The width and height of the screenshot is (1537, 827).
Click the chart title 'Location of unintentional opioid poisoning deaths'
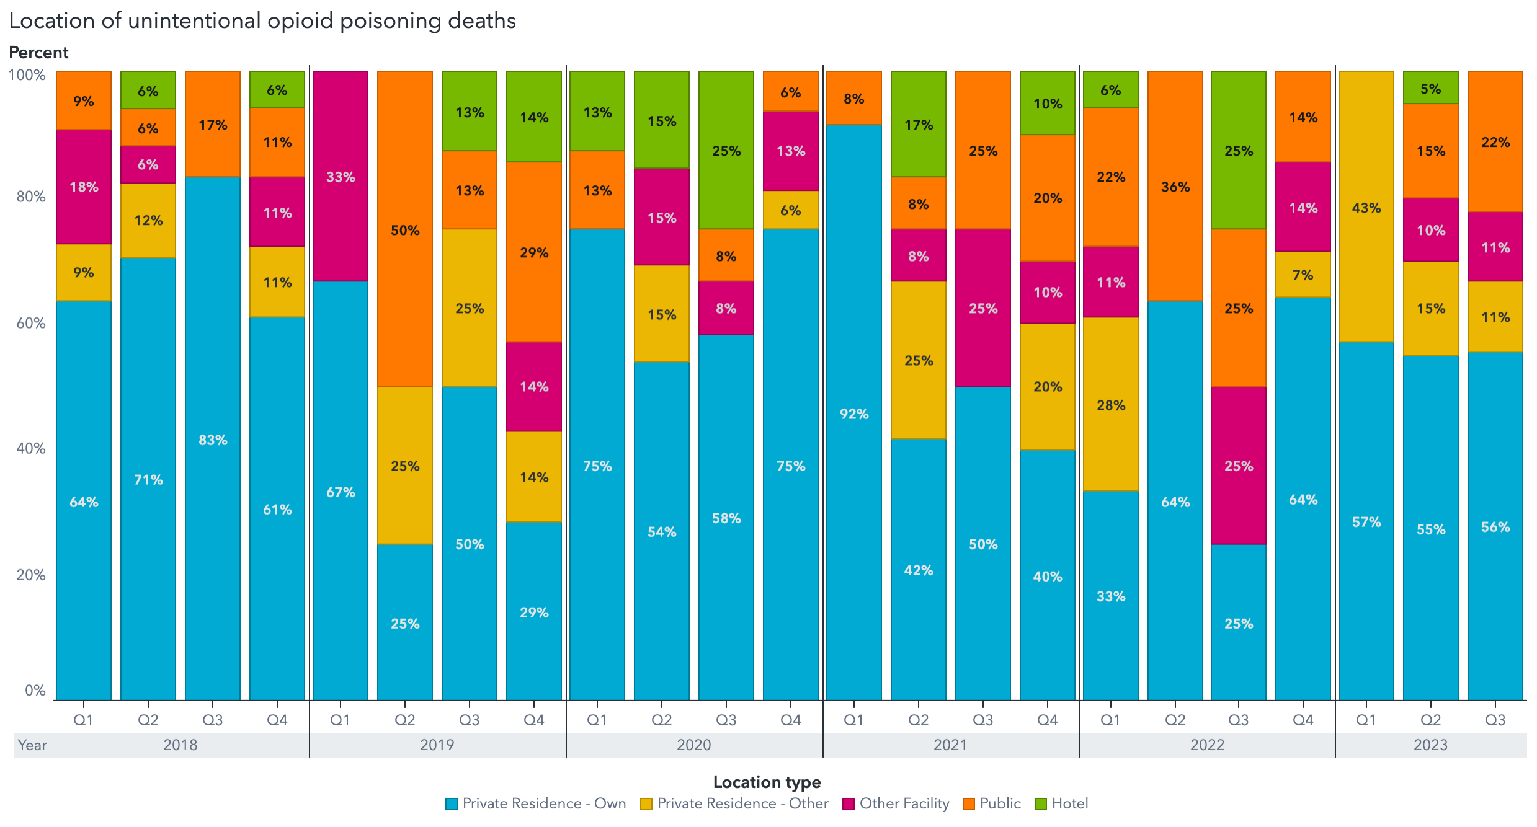tap(262, 21)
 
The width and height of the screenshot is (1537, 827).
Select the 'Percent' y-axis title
tap(38, 53)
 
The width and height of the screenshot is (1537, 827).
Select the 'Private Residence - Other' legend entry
tap(734, 803)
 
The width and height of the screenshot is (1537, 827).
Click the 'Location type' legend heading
tap(767, 782)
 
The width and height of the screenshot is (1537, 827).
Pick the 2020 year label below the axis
tap(693, 745)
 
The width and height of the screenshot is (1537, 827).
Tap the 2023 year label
tap(1430, 745)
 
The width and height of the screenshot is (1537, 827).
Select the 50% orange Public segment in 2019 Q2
tap(405, 229)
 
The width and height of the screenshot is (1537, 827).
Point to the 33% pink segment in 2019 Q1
tap(341, 176)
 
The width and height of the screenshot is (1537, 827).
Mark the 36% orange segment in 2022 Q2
tap(1175, 186)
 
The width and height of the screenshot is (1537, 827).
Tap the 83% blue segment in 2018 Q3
tap(213, 439)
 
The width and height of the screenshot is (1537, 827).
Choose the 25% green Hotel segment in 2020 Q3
tap(726, 150)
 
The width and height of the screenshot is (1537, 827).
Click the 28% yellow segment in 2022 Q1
tap(1111, 404)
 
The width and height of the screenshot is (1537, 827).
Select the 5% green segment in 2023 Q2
tap(1431, 88)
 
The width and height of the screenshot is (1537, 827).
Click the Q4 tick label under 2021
tap(1047, 720)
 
